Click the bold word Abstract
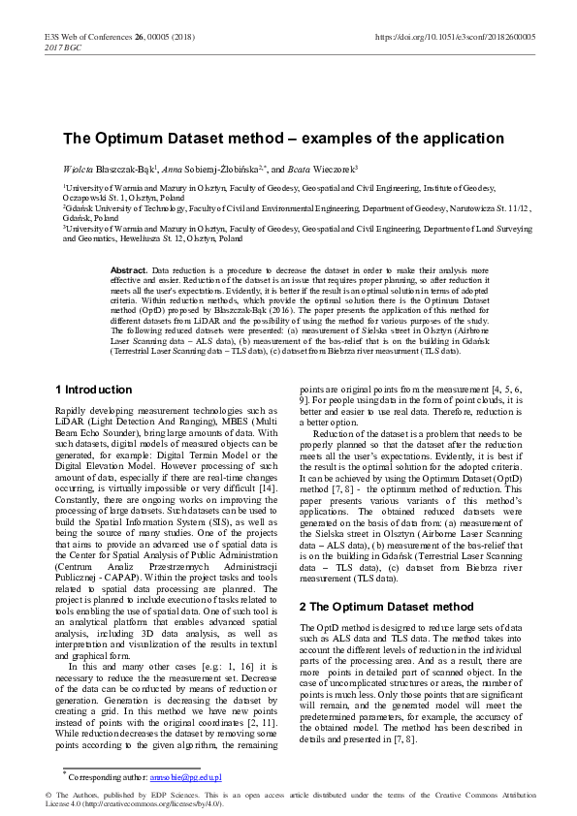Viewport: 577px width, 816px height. click(x=129, y=268)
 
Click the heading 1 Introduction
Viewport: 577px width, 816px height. click(x=93, y=390)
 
